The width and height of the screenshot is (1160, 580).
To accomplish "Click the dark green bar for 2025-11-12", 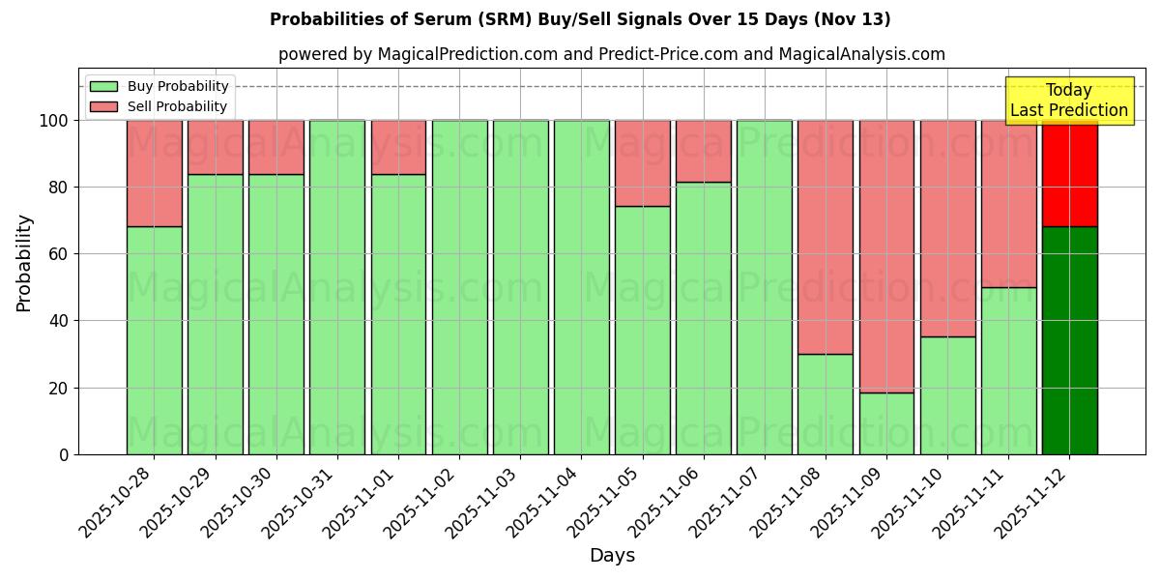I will click(x=1069, y=340).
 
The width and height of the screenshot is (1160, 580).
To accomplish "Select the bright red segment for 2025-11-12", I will click(x=1069, y=174).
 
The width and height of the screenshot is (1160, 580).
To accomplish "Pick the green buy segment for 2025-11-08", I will click(x=826, y=404).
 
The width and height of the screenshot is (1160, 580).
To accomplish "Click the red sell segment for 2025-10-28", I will click(x=155, y=173).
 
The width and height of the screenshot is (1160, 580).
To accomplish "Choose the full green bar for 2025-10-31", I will click(x=337, y=287).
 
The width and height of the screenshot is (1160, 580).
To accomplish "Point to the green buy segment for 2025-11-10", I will click(x=947, y=395).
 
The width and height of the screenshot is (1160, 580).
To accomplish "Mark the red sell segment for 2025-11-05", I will click(x=643, y=163).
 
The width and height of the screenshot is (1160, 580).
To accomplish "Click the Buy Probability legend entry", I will click(x=159, y=86).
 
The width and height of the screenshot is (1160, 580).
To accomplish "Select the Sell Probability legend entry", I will click(x=159, y=106).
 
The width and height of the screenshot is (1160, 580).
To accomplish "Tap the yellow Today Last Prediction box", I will click(x=1069, y=101).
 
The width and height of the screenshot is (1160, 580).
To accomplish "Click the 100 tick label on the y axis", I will click(x=54, y=121).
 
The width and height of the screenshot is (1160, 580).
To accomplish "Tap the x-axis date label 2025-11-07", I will click(x=732, y=500).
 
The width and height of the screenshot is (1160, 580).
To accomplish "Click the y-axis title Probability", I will click(x=24, y=263).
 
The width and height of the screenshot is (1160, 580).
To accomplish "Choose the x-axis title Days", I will click(x=612, y=556).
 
